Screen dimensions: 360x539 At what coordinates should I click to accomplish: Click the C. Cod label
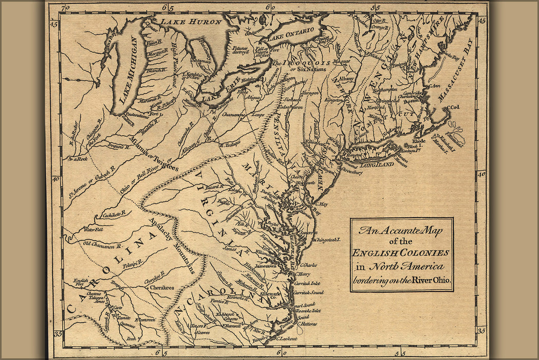coord(452,107)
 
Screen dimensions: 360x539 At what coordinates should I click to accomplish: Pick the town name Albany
coord(346,79)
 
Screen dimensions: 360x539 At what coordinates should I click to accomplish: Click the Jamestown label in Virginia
coord(264,266)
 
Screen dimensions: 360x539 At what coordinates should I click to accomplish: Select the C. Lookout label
coord(288,338)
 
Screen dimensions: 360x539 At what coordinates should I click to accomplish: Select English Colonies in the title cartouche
coord(401,253)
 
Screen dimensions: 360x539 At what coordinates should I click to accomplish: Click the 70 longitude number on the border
coord(64,8)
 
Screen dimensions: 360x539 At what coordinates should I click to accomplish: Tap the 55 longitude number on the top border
coord(377,7)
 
